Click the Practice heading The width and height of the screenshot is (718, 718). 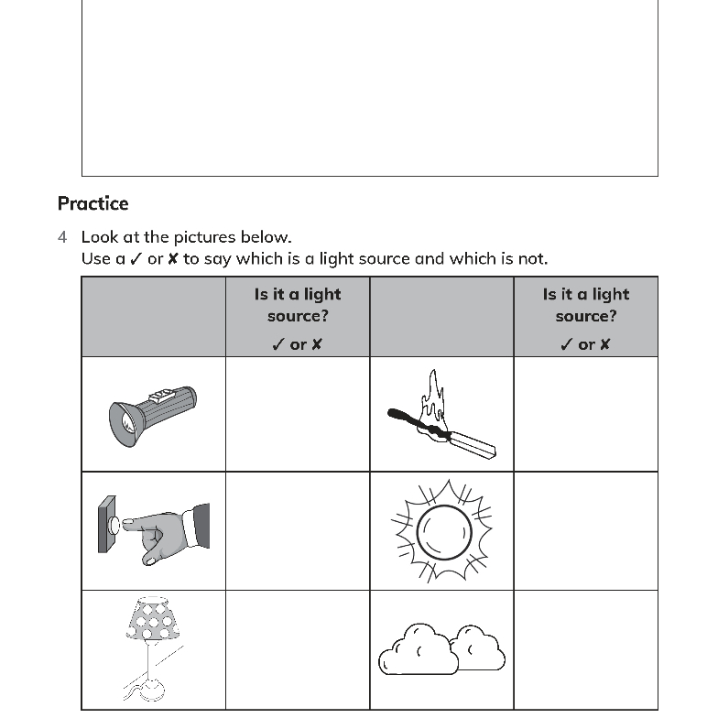point(92,203)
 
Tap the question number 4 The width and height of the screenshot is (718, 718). point(62,237)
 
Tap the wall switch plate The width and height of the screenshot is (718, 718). point(107,525)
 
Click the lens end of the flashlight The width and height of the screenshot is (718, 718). point(125,422)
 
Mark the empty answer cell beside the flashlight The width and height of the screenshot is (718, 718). point(298,414)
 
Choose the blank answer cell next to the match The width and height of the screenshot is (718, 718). point(585,414)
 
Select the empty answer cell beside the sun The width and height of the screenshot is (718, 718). point(585,531)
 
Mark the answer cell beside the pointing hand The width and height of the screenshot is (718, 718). point(298,531)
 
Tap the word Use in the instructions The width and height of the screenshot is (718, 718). point(96,259)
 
